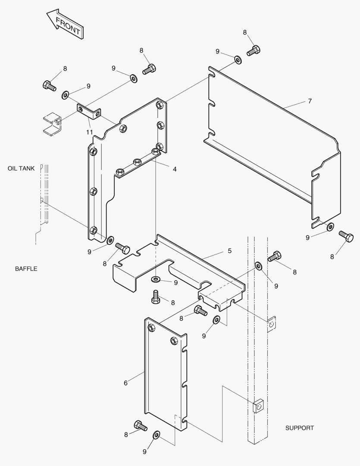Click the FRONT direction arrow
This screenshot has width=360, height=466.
click(65, 25)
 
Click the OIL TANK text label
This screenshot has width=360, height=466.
click(21, 168)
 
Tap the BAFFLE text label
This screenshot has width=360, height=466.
click(26, 269)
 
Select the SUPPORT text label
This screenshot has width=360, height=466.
click(300, 428)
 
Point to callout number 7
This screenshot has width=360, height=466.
click(310, 101)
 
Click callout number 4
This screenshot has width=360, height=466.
click(175, 169)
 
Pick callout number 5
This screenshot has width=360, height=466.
click(229, 250)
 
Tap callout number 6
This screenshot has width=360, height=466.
click(125, 383)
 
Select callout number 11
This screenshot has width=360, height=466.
click(89, 132)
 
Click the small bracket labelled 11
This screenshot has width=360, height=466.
click(89, 111)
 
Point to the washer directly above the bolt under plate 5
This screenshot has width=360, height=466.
click(156, 280)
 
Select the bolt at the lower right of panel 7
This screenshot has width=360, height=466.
click(346, 236)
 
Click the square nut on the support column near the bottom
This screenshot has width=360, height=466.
click(257, 406)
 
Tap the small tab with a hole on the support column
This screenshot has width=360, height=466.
click(271, 324)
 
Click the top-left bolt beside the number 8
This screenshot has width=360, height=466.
click(49, 85)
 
